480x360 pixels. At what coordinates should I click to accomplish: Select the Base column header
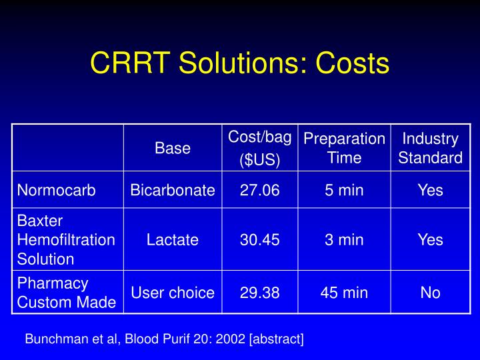[173, 148]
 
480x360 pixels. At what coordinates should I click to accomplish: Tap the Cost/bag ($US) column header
[260, 149]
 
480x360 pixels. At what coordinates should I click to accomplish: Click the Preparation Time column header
[344, 148]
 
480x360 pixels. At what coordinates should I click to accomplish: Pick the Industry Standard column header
[430, 148]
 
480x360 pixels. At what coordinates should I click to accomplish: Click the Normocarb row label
[57, 190]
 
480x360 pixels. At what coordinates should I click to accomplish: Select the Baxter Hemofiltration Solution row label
[66, 239]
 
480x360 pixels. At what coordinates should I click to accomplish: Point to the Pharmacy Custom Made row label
[67, 293]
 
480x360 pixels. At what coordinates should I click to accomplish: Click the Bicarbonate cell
[173, 190]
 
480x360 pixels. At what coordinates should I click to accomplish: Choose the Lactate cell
[173, 239]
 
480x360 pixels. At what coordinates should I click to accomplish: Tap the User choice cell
[173, 293]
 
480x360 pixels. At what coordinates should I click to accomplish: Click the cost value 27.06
[260, 190]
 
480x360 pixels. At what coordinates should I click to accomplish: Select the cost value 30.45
[260, 239]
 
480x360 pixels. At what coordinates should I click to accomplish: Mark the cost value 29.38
[260, 293]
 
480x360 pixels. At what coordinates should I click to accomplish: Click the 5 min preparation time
[344, 190]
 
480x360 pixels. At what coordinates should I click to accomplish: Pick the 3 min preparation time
[344, 239]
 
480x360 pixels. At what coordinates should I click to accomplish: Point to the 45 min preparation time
[344, 293]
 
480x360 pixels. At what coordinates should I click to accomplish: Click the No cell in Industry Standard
[430, 293]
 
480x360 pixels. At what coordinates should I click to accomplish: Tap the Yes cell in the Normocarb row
[430, 190]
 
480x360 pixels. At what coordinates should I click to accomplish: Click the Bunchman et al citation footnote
[164, 339]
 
